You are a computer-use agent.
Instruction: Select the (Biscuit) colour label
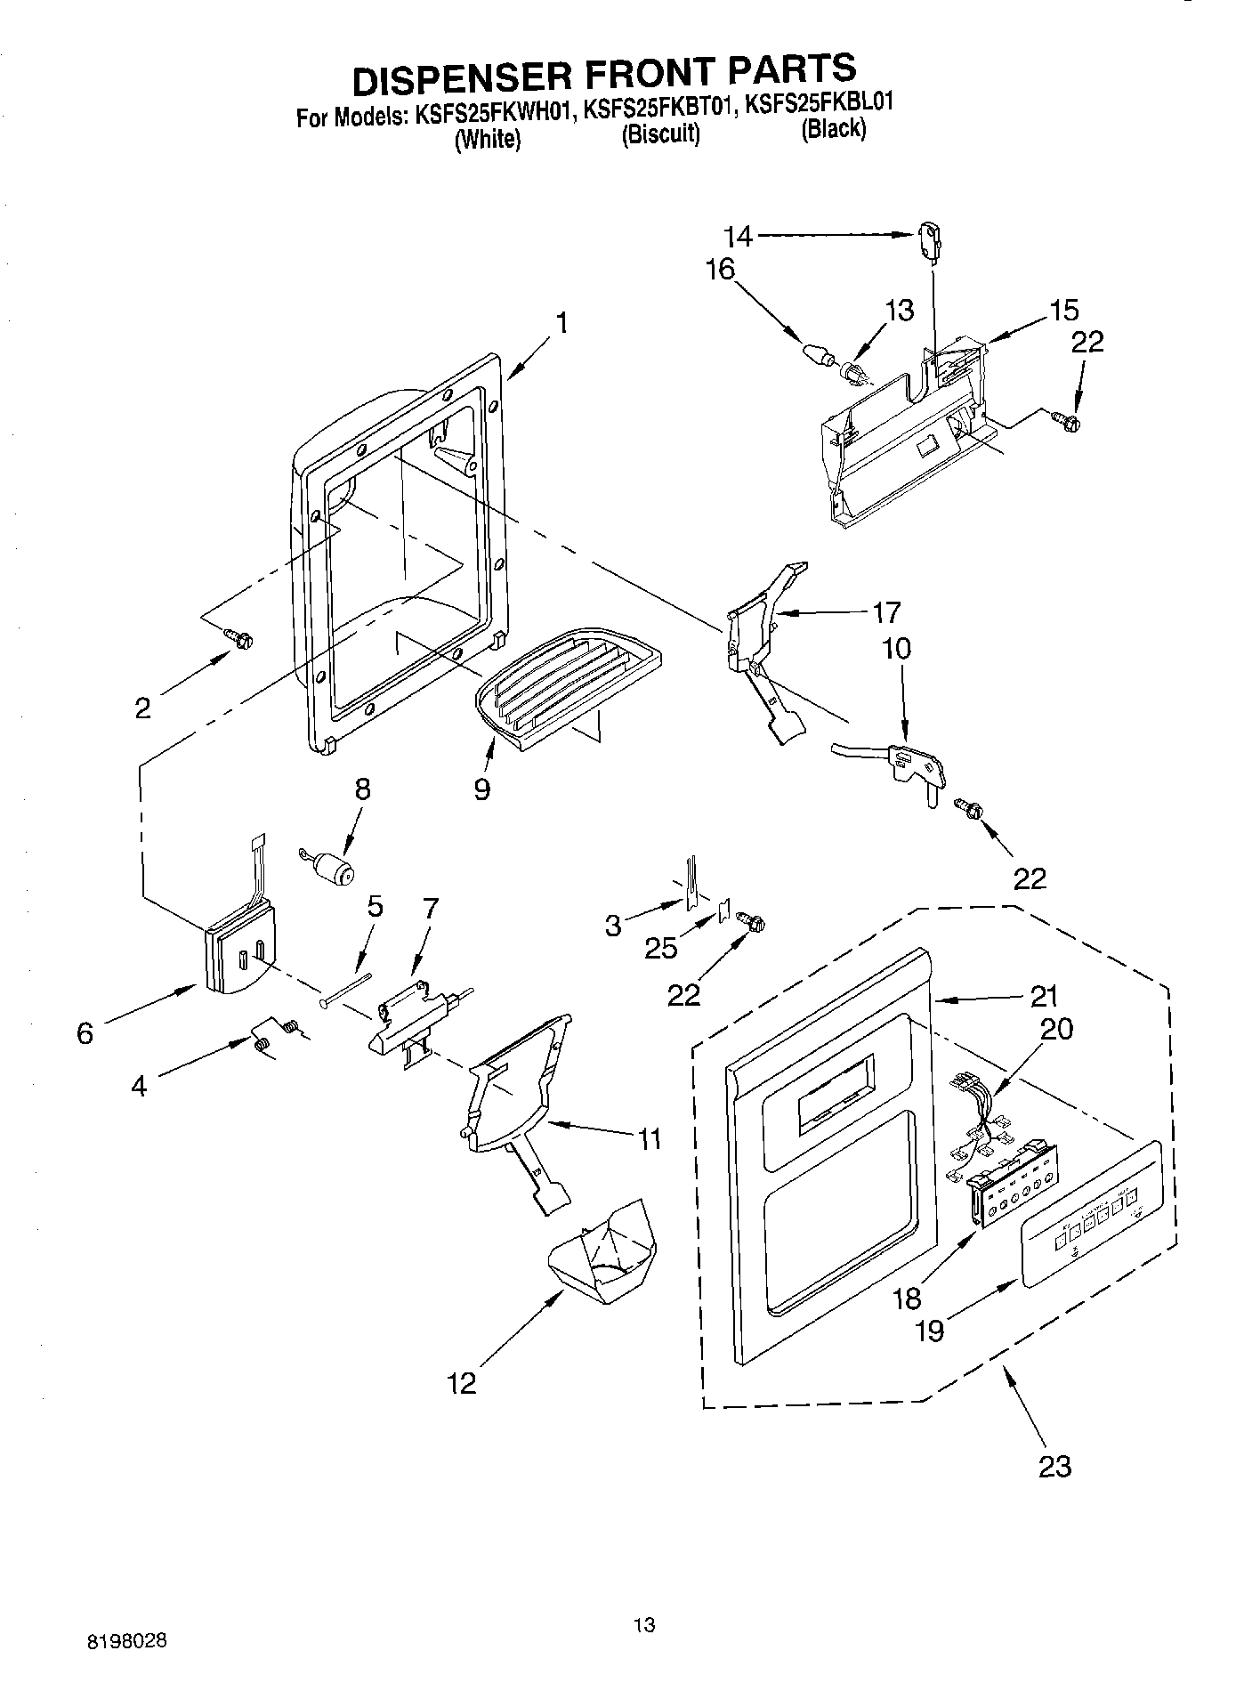(660, 134)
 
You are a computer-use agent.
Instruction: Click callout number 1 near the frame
(562, 324)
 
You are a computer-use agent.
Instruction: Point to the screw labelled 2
(239, 637)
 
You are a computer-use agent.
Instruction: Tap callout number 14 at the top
(738, 237)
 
